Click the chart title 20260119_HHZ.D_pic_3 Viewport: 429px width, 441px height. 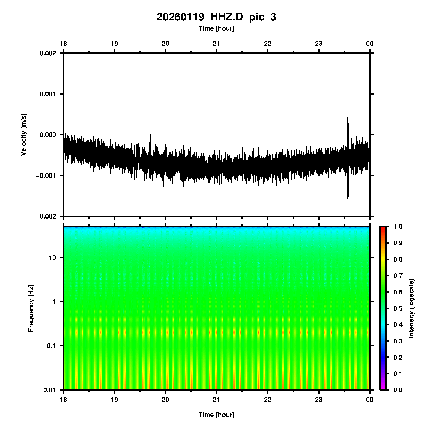pos(216,17)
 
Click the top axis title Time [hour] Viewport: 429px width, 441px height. pos(216,28)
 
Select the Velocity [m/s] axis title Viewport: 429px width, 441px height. pos(24,135)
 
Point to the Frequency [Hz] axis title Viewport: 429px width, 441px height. pos(31,308)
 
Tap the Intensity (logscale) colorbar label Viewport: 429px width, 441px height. pos(411,308)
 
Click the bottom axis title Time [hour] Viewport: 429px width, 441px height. pos(216,415)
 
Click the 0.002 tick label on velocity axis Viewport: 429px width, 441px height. pos(48,53)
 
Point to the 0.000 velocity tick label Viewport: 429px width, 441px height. pos(48,135)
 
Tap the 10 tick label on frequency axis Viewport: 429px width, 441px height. pos(52,258)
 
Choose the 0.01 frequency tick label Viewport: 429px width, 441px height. pos(50,390)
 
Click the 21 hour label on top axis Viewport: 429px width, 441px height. pos(216,44)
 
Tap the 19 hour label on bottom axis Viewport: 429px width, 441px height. pos(114,400)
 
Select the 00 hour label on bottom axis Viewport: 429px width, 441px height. pos(370,400)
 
